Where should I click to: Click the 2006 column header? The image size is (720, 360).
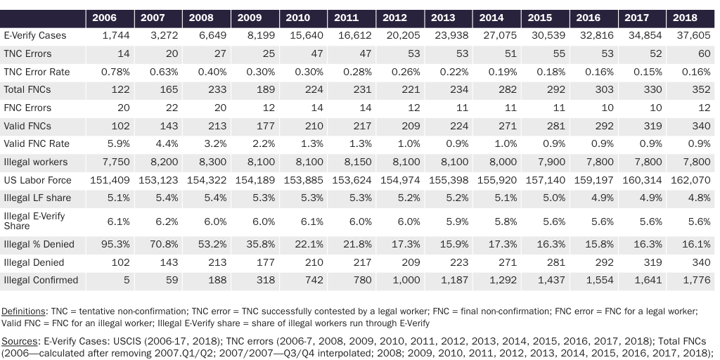click(x=105, y=18)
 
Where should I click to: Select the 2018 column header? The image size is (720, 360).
click(x=685, y=18)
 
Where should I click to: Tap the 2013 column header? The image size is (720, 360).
click(x=443, y=18)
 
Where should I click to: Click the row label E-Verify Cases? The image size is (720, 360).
click(x=37, y=34)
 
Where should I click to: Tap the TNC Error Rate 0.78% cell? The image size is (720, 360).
click(x=115, y=72)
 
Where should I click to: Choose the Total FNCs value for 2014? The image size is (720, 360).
click(x=504, y=89)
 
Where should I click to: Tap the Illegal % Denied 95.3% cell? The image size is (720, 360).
click(x=115, y=245)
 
